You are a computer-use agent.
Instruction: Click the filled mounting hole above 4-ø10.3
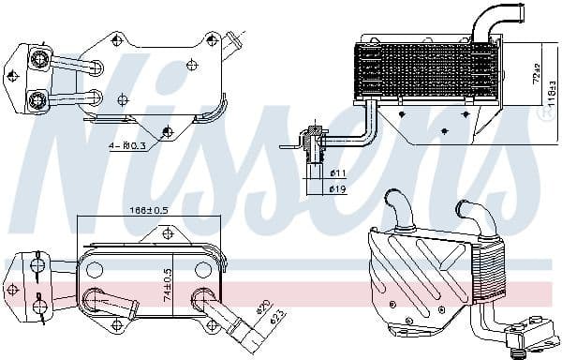168,132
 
